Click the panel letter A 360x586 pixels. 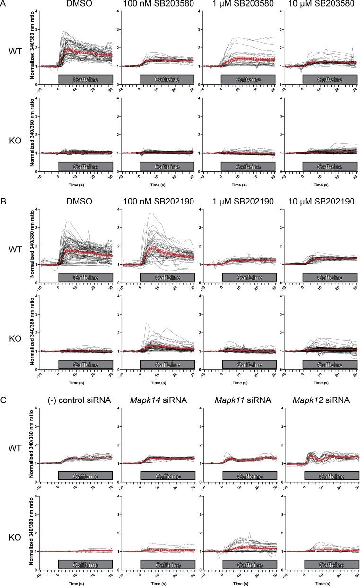point(4,4)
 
